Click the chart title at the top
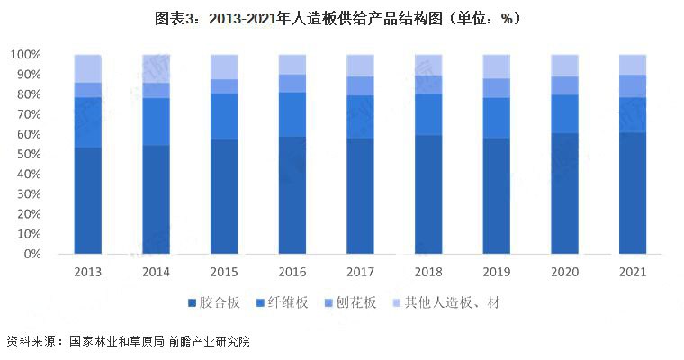tap(342, 18)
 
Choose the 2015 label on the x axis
tap(223, 272)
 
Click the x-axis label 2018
tap(427, 272)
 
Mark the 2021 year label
tap(632, 272)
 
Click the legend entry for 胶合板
tap(214, 303)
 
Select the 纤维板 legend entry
tap(283, 303)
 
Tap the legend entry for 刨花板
tap(351, 303)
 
